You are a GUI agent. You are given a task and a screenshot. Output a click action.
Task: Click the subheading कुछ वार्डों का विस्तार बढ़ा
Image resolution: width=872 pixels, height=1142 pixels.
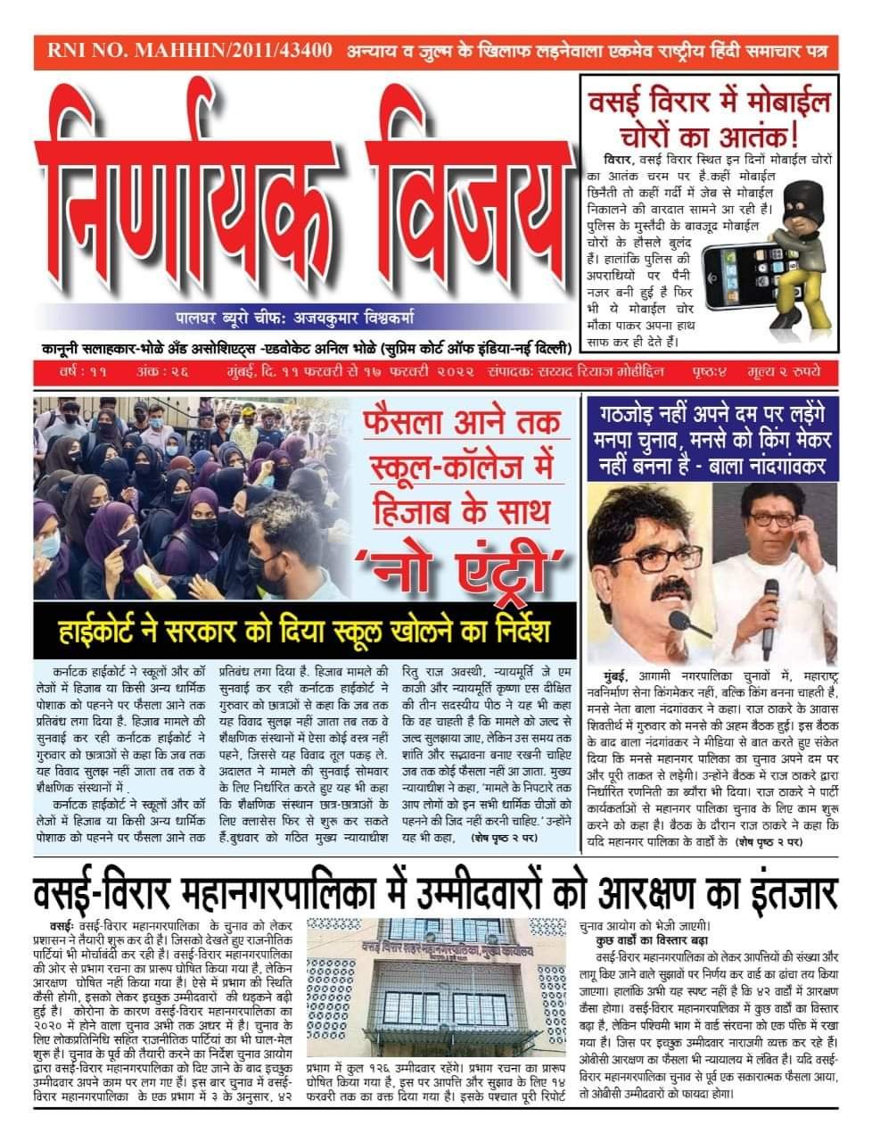pos(646,940)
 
